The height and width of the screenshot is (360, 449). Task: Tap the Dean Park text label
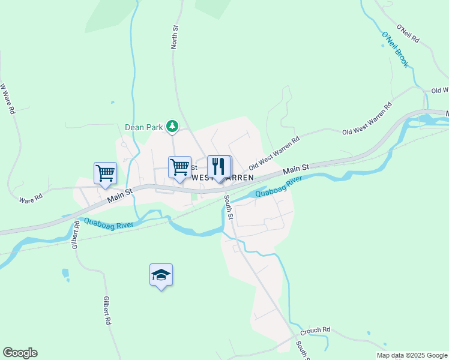[144, 127]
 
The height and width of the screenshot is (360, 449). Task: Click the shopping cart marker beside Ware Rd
[105, 173]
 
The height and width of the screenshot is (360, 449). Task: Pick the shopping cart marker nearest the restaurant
[179, 167]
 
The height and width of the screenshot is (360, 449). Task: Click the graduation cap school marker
[161, 275]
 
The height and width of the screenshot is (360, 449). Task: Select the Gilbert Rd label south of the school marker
[107, 310]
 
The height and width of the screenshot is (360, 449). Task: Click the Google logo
[20, 353]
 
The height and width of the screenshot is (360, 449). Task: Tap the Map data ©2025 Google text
[411, 355]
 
